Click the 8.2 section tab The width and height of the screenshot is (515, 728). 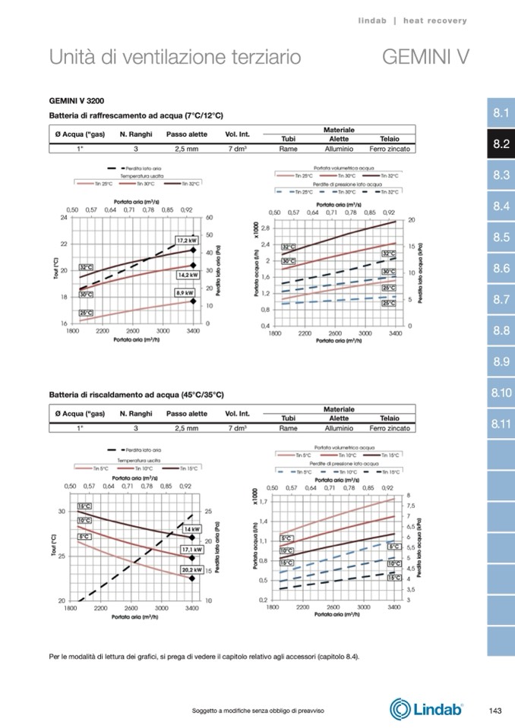click(500, 144)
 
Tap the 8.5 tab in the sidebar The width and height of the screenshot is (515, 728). click(500, 238)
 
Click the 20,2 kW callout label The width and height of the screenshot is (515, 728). click(191, 569)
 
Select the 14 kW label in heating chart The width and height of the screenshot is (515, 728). click(192, 528)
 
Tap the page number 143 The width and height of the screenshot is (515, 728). click(495, 710)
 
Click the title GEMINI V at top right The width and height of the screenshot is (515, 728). click(425, 57)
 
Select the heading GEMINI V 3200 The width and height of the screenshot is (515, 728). click(77, 100)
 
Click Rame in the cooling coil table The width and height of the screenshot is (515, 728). click(288, 149)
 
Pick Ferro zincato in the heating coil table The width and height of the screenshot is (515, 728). click(390, 428)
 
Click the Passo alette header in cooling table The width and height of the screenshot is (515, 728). click(186, 134)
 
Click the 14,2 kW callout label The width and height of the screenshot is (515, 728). click(188, 274)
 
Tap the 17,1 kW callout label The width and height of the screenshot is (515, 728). click(191, 549)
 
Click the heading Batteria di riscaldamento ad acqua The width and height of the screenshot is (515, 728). click(136, 395)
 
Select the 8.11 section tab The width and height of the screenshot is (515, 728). click(500, 424)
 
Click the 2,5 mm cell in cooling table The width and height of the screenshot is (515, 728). click(186, 149)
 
